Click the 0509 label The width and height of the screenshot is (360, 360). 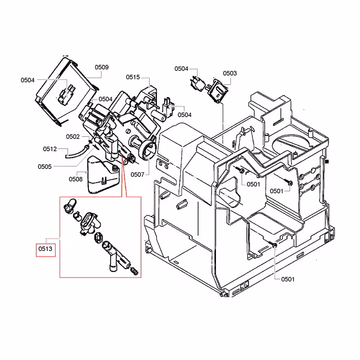coord(101,67)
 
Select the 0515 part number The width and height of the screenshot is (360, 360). coord(133,77)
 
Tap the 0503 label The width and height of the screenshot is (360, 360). coord(230,74)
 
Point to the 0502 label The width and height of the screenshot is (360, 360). coord(73,136)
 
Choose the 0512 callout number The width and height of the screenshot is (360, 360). coord(50,149)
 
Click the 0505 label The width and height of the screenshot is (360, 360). coord(45,166)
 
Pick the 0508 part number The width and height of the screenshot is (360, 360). coord(76,179)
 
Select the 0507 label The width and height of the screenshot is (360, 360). coord(138,175)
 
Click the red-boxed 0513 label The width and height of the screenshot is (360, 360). coord(45,250)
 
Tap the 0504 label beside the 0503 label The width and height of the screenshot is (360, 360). coord(182,68)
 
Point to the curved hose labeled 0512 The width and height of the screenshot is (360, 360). coord(77,151)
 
